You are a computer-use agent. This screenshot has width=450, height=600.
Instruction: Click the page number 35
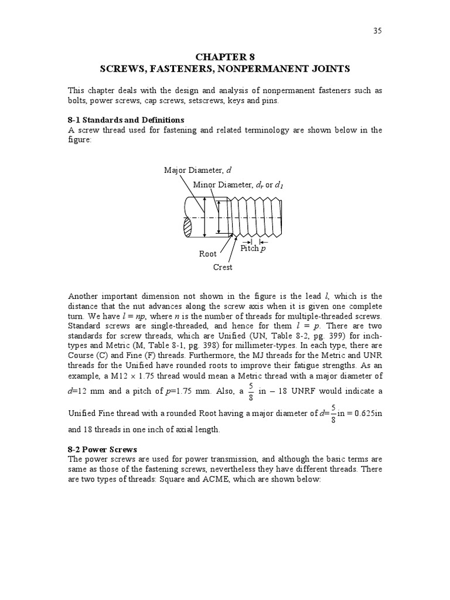click(377, 31)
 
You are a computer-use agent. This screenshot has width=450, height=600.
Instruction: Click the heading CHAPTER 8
click(224, 57)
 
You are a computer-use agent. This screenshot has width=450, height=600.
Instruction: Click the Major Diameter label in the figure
click(197, 171)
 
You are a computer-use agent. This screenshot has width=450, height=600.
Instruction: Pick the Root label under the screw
click(207, 254)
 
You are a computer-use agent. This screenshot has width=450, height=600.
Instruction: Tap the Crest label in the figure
click(223, 267)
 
